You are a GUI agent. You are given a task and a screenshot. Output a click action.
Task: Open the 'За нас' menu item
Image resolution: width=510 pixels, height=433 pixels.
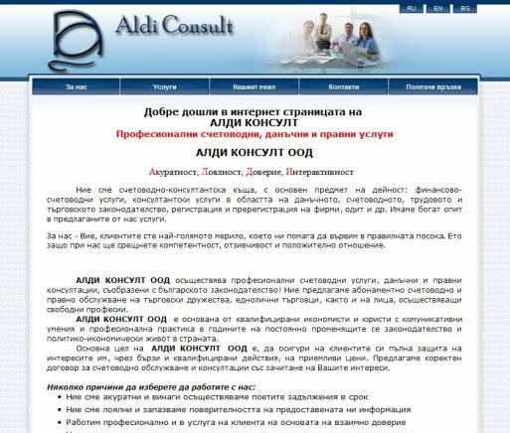pos(78,86)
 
